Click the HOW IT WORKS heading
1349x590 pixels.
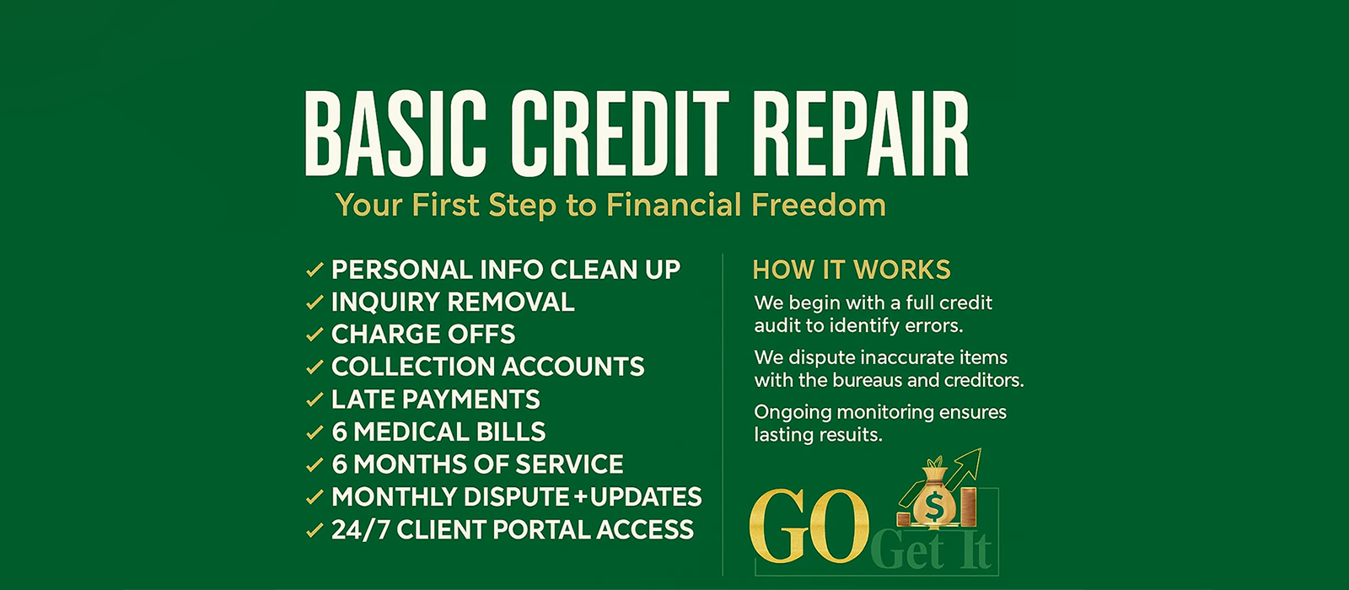[852, 270]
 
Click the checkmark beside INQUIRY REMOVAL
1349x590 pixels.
[314, 302]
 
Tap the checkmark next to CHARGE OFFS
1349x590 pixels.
[314, 334]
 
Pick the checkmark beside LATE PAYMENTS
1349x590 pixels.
[314, 400]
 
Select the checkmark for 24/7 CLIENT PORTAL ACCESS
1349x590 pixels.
[314, 530]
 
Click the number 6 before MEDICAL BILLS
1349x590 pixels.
[339, 432]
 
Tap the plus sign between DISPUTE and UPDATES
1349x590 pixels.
[580, 497]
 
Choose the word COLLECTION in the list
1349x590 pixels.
[413, 367]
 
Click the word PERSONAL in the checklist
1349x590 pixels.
[401, 270]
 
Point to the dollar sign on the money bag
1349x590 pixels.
[934, 507]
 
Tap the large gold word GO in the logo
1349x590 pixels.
[809, 526]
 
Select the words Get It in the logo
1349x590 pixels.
[931, 551]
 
